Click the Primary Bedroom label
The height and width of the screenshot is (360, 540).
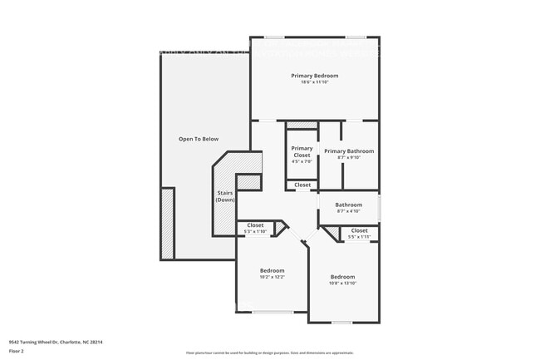(x=314, y=76)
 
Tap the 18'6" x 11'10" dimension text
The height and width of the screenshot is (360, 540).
(x=314, y=81)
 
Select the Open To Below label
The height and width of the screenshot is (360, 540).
(x=199, y=139)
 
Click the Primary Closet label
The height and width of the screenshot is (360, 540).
(x=302, y=151)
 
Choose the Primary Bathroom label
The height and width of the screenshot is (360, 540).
(x=349, y=150)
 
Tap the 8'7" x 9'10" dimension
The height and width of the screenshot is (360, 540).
(x=349, y=157)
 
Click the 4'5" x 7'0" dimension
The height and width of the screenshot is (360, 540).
(x=302, y=163)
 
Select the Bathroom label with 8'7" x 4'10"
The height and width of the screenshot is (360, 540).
(x=349, y=205)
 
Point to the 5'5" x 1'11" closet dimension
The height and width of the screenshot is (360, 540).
(x=359, y=237)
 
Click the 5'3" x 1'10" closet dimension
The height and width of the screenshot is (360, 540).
(x=256, y=231)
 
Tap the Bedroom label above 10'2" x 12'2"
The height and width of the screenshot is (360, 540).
(x=272, y=270)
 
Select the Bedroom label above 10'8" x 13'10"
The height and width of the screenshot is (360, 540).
(x=342, y=277)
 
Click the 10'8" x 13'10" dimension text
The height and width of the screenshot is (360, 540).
(x=342, y=284)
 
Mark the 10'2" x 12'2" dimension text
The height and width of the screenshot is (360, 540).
(x=272, y=277)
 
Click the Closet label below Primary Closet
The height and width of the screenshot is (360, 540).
(x=302, y=185)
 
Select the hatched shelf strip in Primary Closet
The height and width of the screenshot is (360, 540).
(x=302, y=126)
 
